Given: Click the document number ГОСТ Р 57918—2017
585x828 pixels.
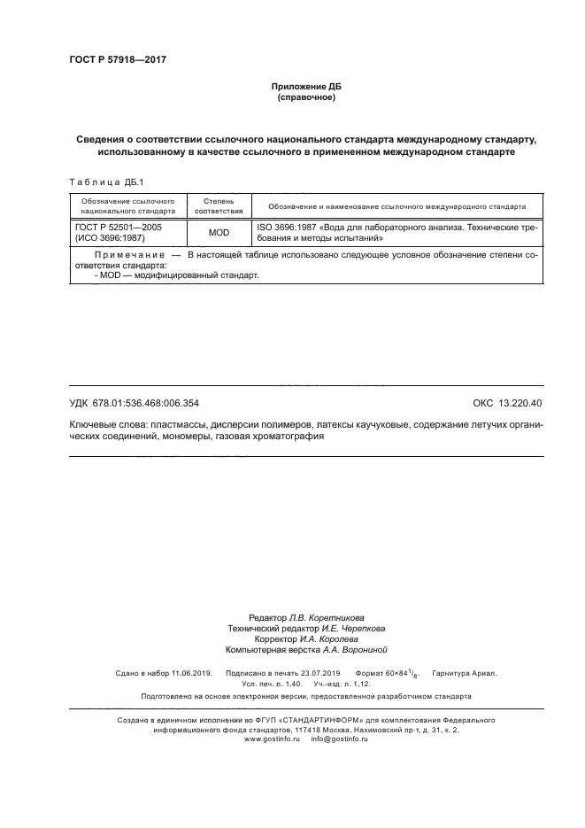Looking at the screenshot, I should [x=117, y=59].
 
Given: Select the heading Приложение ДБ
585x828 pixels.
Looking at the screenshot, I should [x=305, y=86].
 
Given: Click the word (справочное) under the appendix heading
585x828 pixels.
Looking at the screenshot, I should [x=305, y=97].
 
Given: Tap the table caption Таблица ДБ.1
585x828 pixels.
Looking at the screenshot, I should [x=99, y=182].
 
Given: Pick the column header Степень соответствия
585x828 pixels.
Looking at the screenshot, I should [x=219, y=206].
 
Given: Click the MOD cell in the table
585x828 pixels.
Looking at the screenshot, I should [x=219, y=233].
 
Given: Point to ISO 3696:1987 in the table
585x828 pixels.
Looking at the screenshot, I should [x=289, y=228].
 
